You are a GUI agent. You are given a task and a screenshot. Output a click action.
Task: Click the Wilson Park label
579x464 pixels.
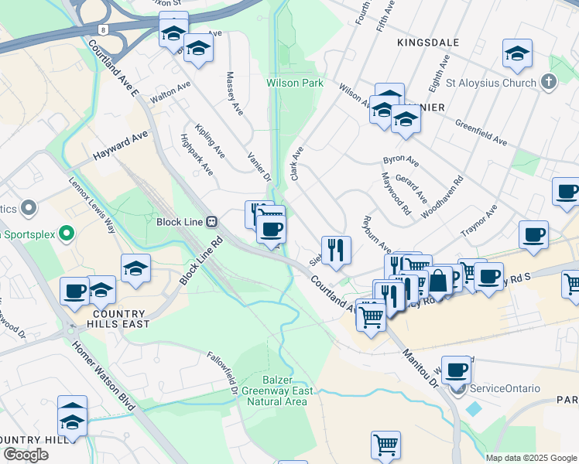pos(294,82)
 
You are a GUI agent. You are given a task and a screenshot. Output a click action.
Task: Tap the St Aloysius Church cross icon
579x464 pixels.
pos(548,83)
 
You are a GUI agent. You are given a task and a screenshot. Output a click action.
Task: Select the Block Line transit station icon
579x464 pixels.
pos(211,221)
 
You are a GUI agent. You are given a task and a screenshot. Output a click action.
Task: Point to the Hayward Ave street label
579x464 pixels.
pos(120,145)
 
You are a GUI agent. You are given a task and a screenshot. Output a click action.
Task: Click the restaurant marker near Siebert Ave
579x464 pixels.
pos(336,250)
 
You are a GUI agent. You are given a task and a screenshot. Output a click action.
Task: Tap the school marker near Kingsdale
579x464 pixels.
pos(517,53)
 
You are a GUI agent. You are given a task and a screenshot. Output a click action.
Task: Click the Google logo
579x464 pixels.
pos(26,455)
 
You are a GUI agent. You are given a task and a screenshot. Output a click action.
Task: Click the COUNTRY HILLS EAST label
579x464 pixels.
pos(120,319)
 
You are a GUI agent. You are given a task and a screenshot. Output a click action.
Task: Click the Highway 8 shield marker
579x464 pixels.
pos(104,29)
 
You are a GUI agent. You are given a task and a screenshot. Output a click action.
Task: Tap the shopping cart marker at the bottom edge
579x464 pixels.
pos(385,445)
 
